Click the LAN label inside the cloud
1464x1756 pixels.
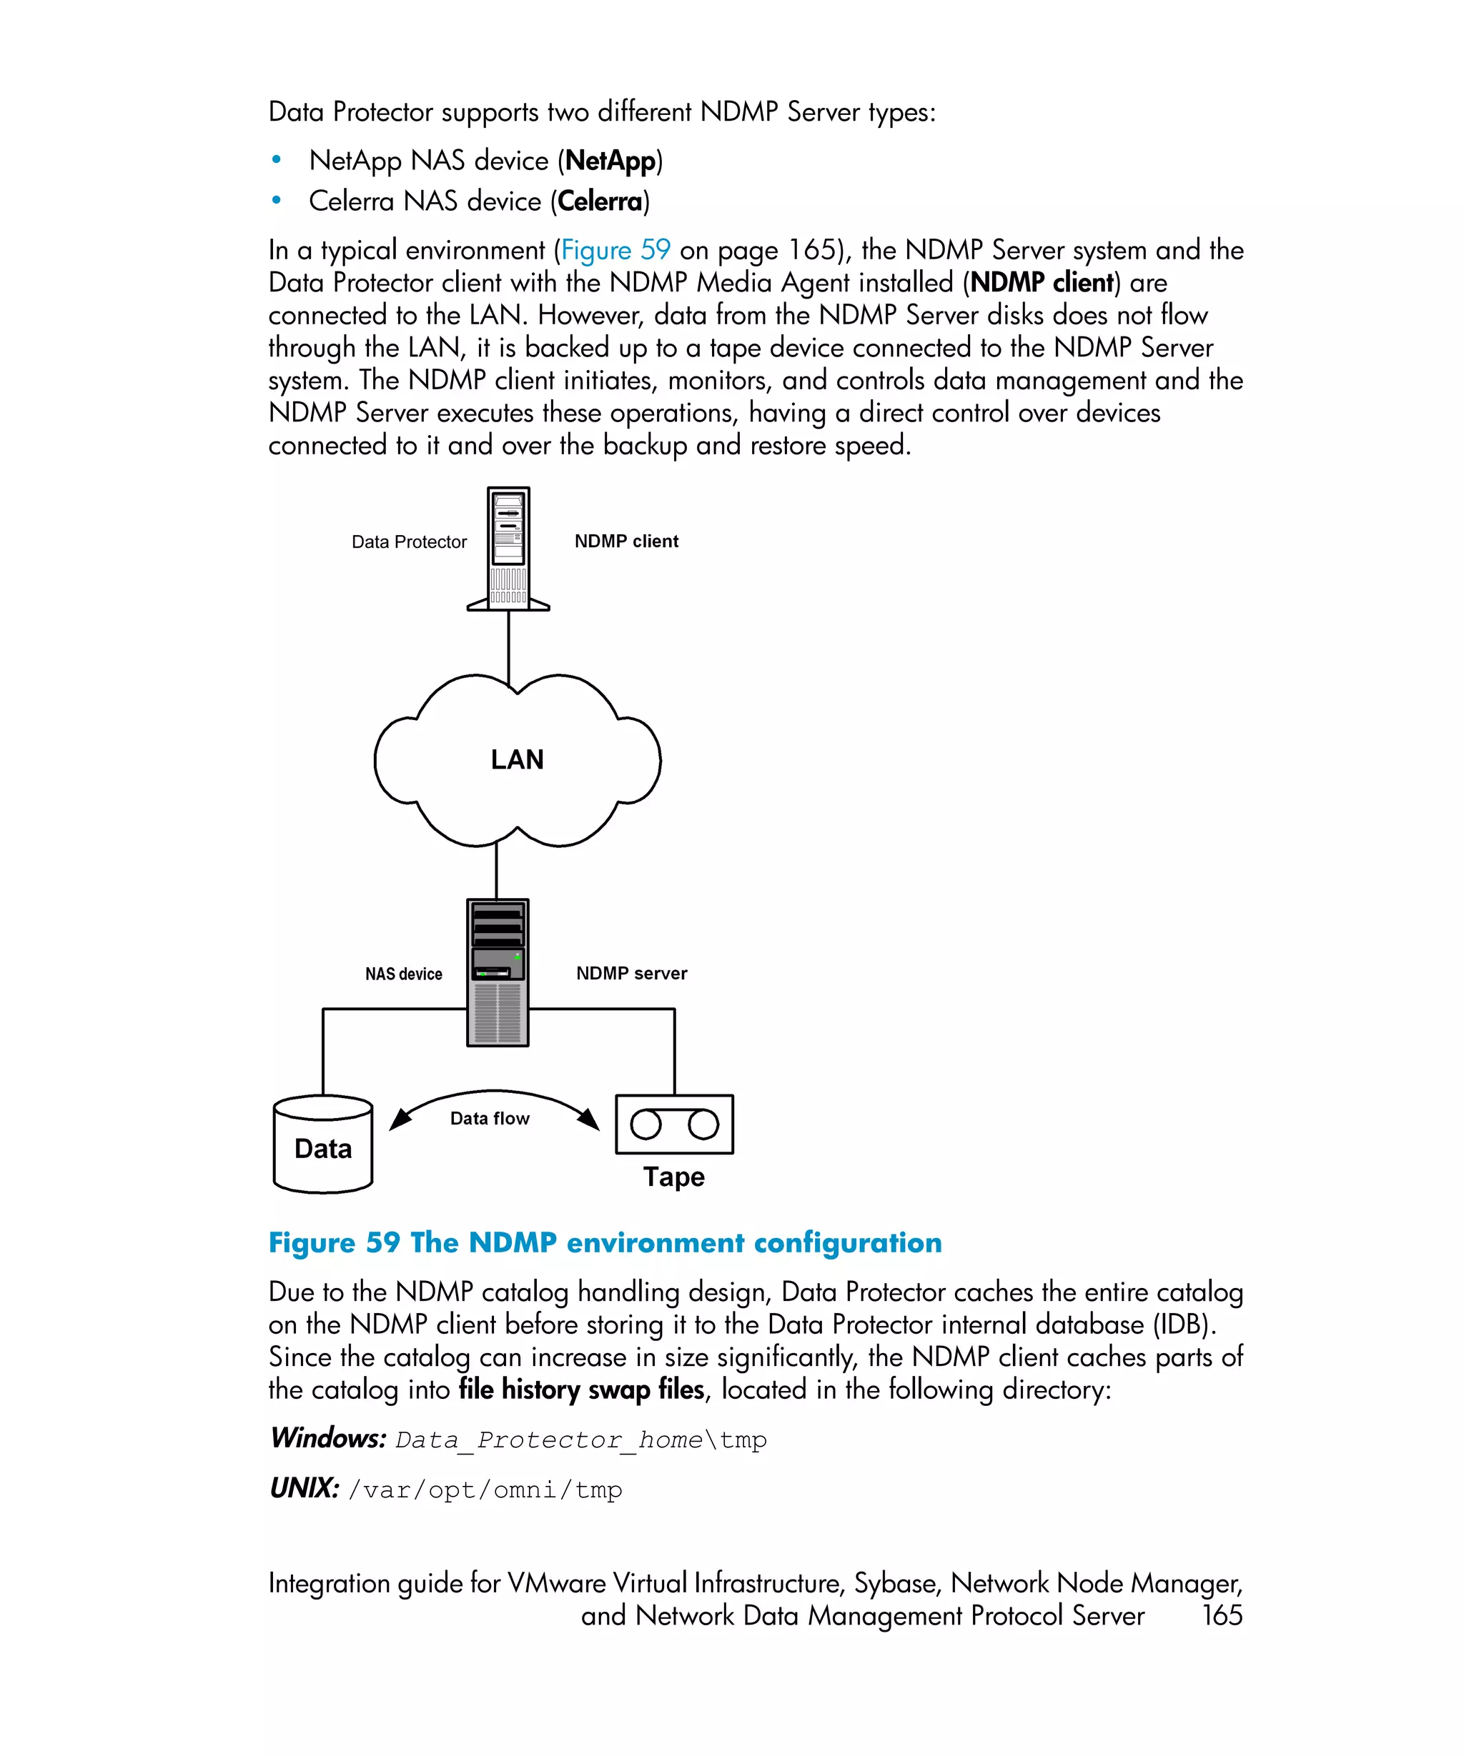click(x=517, y=759)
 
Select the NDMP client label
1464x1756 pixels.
click(x=625, y=541)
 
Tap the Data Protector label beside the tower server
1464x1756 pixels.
click(x=409, y=542)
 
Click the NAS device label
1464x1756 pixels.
click(x=403, y=974)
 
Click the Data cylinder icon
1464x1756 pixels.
click(x=323, y=1144)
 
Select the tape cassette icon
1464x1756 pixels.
click(x=674, y=1124)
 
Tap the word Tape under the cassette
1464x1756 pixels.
click(x=673, y=1177)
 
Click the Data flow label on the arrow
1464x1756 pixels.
click(x=490, y=1119)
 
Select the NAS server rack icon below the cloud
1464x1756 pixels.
click(x=498, y=972)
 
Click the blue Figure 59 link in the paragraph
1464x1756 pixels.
click(x=615, y=250)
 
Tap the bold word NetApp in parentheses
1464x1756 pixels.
click(x=610, y=161)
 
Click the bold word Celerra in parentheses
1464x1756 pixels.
click(x=600, y=201)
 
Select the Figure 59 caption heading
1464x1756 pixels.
click(x=605, y=1242)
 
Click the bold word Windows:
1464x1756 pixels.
click(x=328, y=1438)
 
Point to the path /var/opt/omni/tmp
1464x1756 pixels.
click(x=485, y=1490)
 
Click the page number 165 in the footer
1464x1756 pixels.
click(x=1222, y=1615)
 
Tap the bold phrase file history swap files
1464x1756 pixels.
click(x=581, y=1390)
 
